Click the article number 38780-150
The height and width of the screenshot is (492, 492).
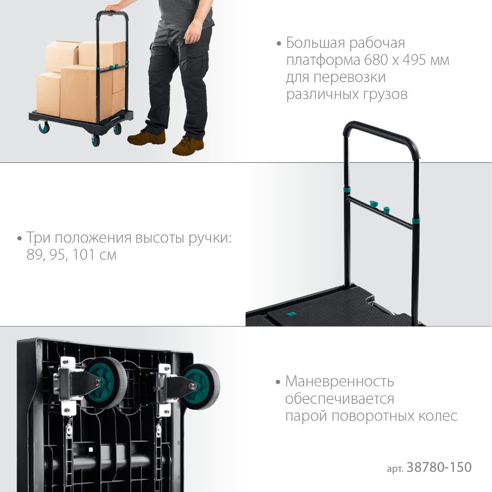(439, 467)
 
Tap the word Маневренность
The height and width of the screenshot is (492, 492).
(339, 382)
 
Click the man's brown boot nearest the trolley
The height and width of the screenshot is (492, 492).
(147, 137)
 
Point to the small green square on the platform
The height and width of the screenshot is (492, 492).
(292, 313)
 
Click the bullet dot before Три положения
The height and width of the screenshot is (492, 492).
(20, 239)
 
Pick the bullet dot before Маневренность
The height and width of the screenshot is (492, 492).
(277, 382)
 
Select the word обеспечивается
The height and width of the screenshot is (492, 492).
(339, 399)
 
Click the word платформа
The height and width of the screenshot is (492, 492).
(323, 60)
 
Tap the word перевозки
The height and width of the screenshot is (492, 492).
(353, 77)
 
